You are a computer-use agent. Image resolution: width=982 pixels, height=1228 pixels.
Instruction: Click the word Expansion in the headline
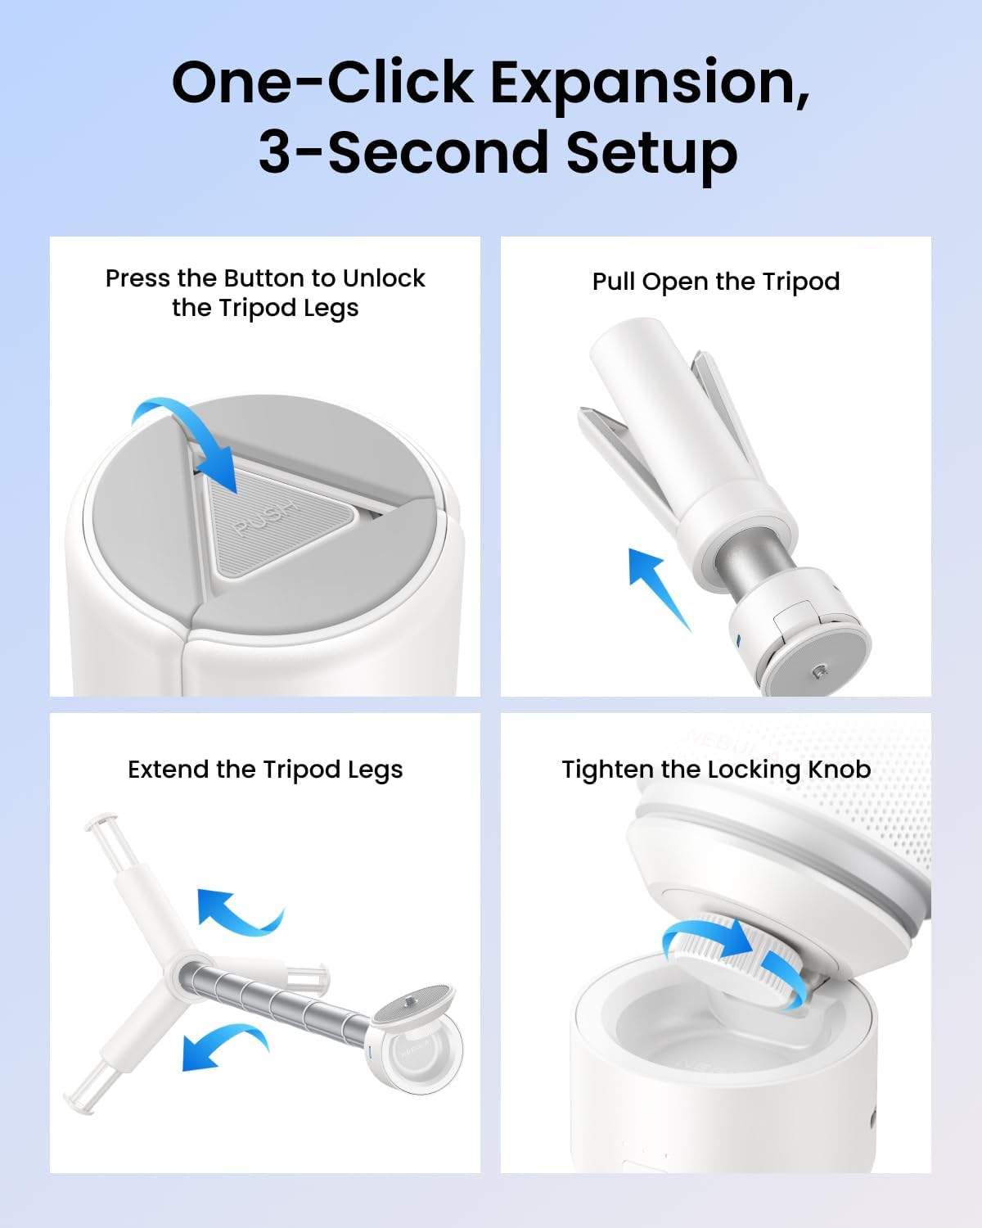click(x=650, y=84)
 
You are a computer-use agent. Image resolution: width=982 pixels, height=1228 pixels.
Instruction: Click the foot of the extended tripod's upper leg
click(x=101, y=822)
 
